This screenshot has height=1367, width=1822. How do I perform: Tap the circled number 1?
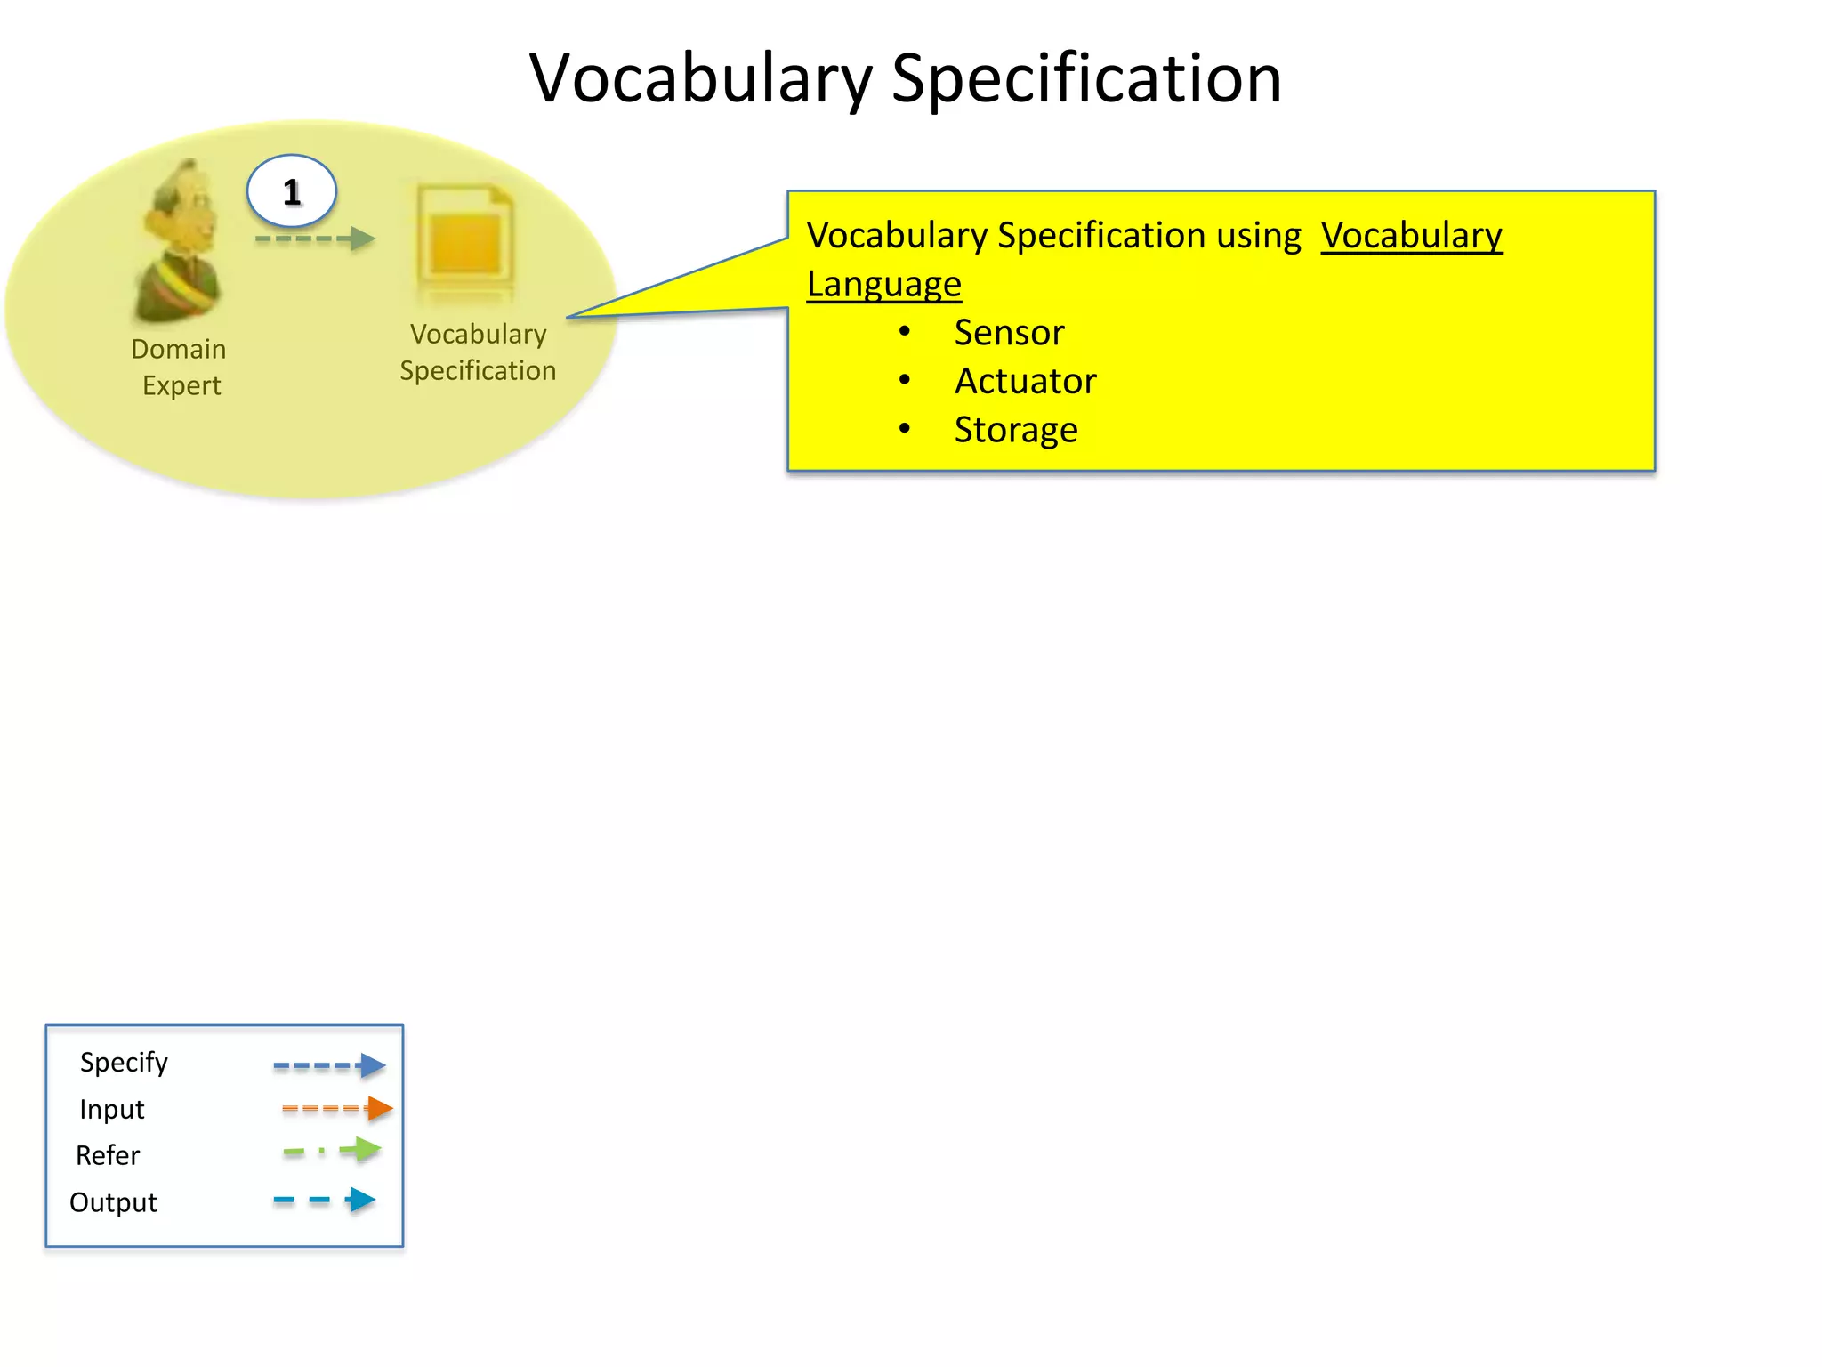292,191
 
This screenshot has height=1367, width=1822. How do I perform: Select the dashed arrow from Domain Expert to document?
315,239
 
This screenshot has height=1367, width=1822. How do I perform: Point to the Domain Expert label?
179,367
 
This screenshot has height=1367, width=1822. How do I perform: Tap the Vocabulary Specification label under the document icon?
478,352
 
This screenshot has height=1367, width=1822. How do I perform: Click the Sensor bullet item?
1009,333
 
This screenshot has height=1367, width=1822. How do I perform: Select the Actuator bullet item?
1025,381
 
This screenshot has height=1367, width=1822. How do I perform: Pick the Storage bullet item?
1016,430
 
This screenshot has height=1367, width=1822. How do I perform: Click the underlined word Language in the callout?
883,284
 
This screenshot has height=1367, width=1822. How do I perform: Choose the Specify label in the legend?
124,1062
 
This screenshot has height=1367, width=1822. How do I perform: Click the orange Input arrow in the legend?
337,1108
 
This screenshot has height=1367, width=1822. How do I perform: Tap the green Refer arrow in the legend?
333,1150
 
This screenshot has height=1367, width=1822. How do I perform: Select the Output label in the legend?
113,1202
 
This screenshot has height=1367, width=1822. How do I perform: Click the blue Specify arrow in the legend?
329,1065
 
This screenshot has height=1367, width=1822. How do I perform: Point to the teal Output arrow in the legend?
325,1200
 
